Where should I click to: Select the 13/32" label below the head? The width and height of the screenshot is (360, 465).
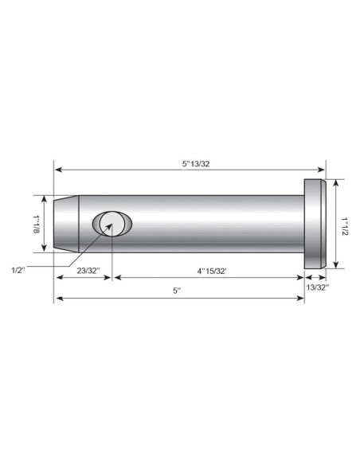316,286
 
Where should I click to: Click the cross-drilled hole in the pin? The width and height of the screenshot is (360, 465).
112,225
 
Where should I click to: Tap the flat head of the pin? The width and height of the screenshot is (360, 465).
315,224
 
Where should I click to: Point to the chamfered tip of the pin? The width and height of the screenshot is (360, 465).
65,224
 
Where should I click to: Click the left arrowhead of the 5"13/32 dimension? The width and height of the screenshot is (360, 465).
57,169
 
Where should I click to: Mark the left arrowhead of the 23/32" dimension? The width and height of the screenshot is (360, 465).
57,278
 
